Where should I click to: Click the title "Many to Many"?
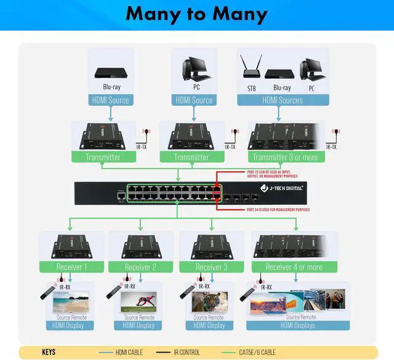pos(196,15)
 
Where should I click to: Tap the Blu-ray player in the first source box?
pos(111,73)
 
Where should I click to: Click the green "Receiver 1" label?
pos(71,267)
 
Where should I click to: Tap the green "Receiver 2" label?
pos(140,267)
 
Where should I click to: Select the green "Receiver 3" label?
pos(212,267)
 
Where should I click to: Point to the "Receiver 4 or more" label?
pos(294,267)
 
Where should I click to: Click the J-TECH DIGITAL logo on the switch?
pos(281,188)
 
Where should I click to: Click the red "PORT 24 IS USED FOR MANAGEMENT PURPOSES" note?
pos(273,209)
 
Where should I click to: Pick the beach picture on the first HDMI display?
pos(71,302)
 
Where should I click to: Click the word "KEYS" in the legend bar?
pos(49,352)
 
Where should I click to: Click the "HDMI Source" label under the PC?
pos(194,100)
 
